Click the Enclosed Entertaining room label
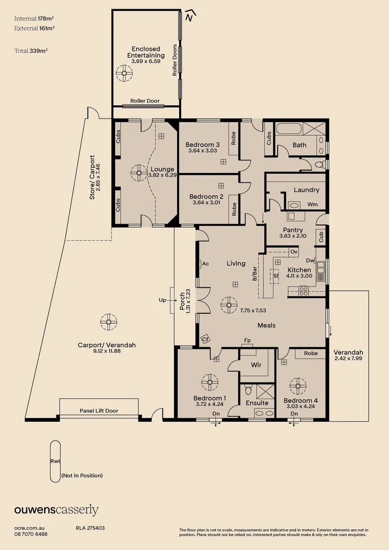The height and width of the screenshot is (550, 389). [146, 52]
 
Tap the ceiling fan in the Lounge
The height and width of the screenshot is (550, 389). [137, 172]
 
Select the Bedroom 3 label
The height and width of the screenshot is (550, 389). [202, 144]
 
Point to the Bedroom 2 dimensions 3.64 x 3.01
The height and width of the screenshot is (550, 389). [206, 203]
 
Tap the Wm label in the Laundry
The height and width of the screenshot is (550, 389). [313, 204]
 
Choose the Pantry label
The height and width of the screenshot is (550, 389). [293, 230]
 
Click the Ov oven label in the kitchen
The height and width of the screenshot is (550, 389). [293, 252]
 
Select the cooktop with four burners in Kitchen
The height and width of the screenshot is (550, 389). [303, 291]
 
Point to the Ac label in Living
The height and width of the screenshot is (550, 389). [206, 264]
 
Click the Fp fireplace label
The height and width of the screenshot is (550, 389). [247, 340]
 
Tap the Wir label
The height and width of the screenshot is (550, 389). [256, 365]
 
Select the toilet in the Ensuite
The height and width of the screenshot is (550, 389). [248, 390]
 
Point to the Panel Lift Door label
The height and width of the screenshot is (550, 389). [99, 410]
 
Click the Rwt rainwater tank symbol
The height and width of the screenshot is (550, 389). [55, 461]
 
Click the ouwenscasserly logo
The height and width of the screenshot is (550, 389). [56, 510]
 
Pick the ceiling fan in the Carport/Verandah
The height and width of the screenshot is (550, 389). [108, 322]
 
